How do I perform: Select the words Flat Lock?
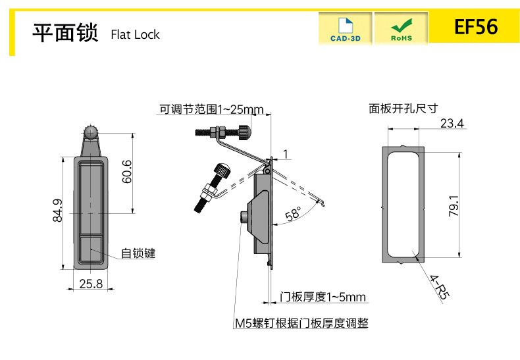coord(135,34)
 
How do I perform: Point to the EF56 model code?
coord(476,28)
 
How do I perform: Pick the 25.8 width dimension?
coord(90,284)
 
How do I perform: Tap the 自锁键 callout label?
coord(138,253)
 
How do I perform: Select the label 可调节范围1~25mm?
coord(211,109)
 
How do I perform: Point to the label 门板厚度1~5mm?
coord(323,297)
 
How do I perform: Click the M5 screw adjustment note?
coord(301,323)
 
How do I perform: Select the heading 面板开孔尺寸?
coord(403,109)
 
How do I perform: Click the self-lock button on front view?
coord(90,251)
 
